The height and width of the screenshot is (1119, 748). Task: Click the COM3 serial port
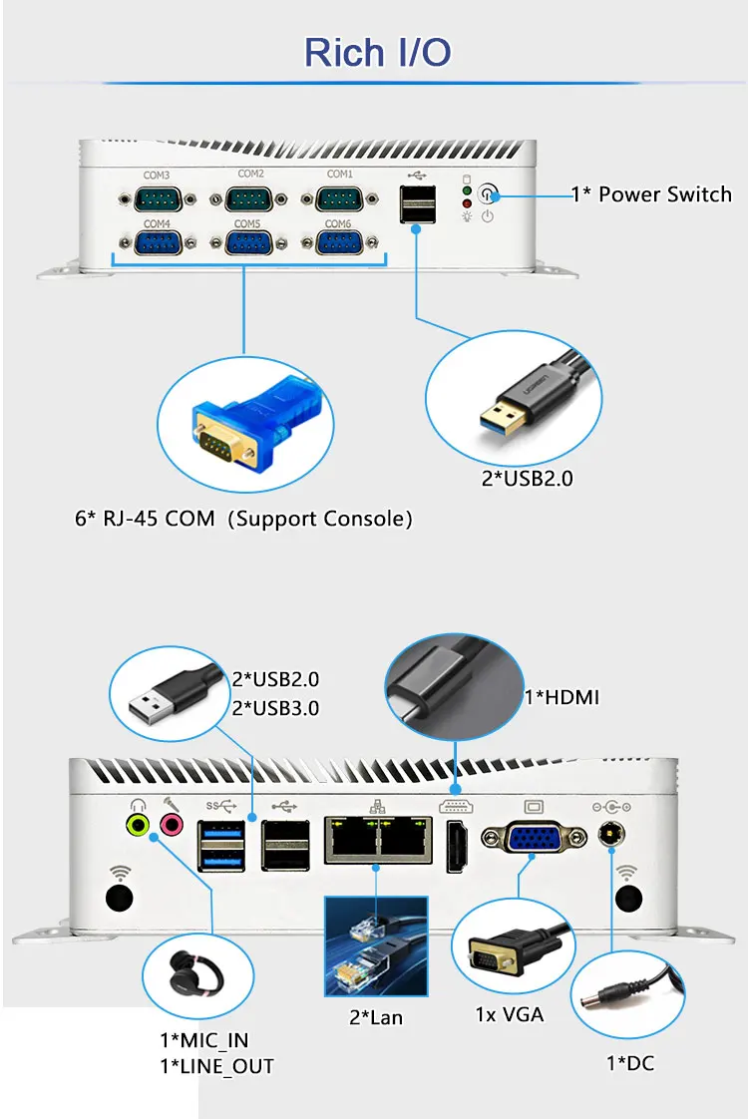[157, 197]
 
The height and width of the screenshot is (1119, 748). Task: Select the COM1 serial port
[340, 197]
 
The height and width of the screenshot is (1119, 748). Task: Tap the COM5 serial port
[248, 244]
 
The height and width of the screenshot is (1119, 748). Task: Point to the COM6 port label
[339, 223]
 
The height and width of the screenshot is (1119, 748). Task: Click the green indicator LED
[466, 189]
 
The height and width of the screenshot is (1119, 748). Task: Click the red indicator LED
[466, 203]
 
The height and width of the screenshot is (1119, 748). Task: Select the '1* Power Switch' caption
[651, 194]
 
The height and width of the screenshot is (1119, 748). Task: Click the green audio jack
[138, 824]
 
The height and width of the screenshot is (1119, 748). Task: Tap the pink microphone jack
[172, 824]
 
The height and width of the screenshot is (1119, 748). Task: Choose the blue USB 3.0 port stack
[221, 845]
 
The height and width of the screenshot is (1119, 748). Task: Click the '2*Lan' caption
[376, 1017]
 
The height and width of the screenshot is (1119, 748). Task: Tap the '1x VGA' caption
[510, 1015]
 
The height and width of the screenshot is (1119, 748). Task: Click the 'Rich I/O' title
[377, 52]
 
